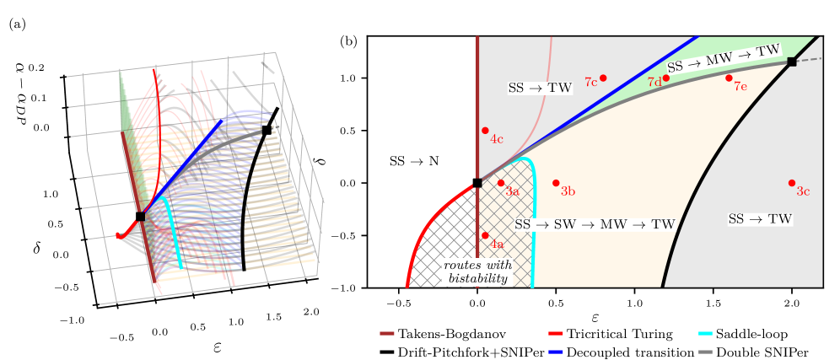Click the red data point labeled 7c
pos(603,78)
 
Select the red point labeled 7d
pos(666,78)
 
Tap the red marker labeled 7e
pos(729,78)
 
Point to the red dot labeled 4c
pos(485,131)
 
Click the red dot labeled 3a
pos(501,183)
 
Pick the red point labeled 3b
pos(556,183)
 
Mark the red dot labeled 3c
pos(792,183)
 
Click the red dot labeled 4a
pos(485,236)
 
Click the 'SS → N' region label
pos(413,160)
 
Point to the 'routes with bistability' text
pos(478,272)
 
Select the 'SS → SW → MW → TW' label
pos(595,225)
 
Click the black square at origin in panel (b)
pos(477,183)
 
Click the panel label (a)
pos(18,25)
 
